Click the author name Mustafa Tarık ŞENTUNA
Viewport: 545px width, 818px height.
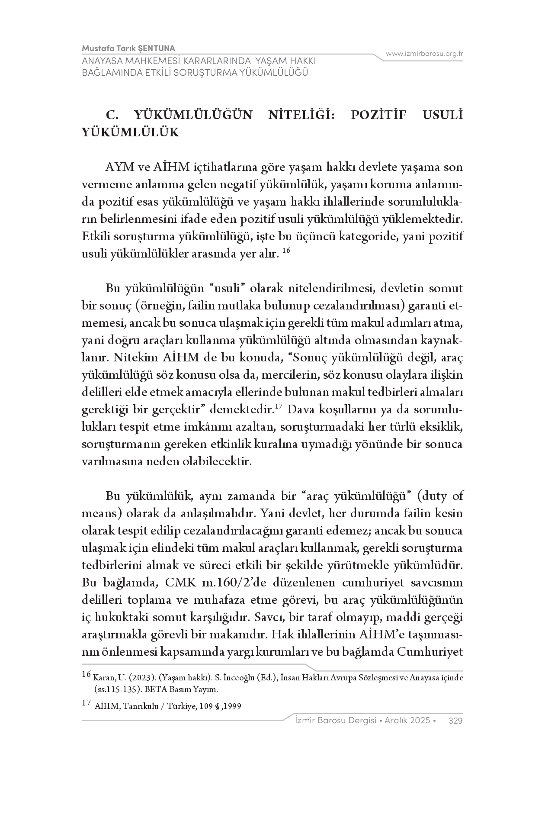pos(128,48)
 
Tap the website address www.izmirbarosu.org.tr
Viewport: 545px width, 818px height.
pos(425,54)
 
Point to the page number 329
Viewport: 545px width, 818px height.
pos(456,721)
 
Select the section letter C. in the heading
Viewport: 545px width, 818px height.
pos(112,115)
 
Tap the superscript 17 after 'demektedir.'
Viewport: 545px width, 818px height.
pos(279,406)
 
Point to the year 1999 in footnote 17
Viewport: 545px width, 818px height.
pos(232,706)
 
